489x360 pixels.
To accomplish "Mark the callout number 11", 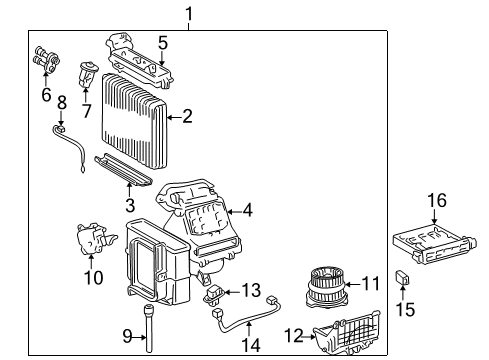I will [371, 284].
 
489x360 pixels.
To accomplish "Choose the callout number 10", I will [92, 277].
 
